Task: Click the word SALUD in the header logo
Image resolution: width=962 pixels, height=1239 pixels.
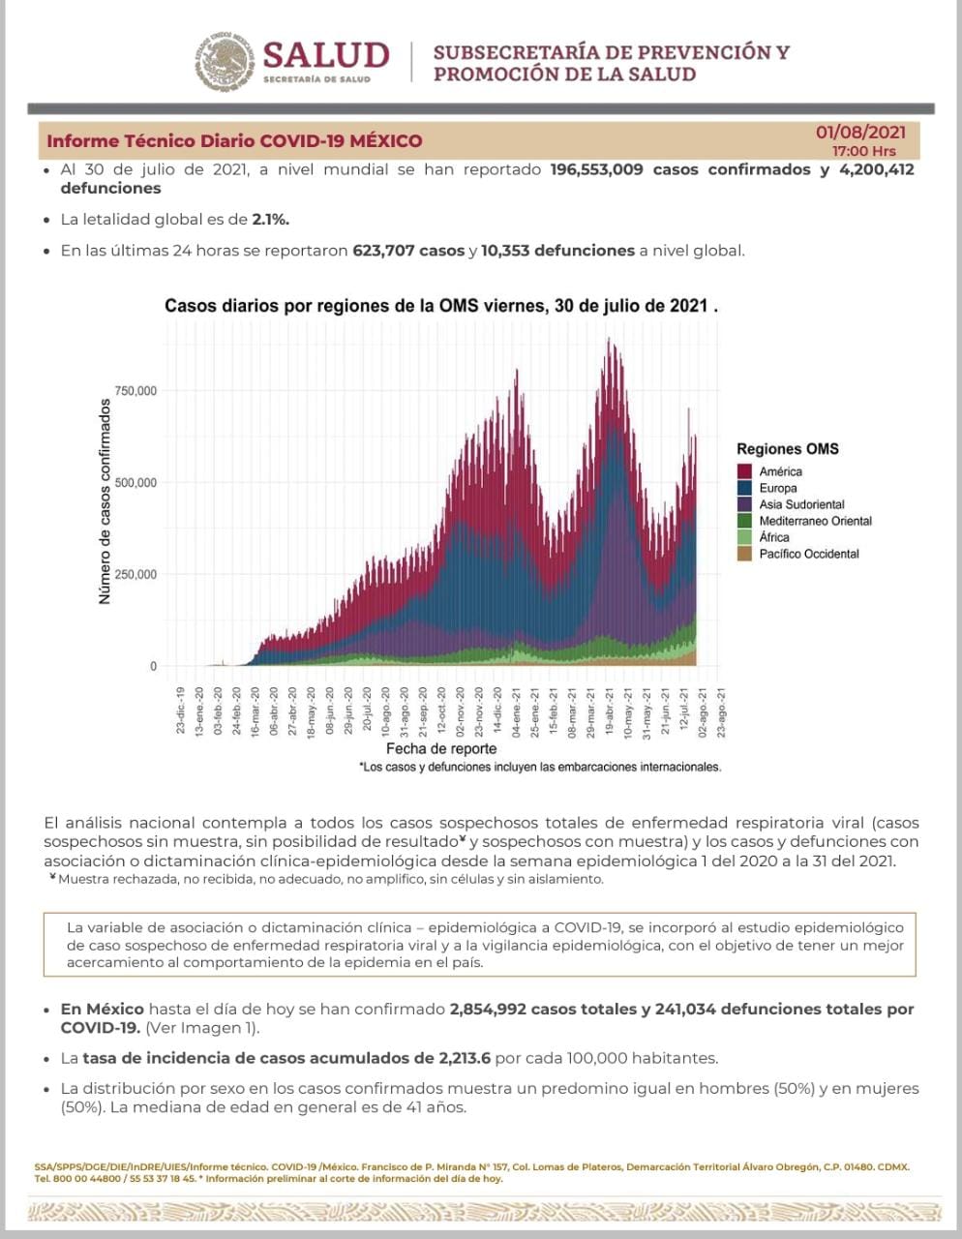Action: [325, 54]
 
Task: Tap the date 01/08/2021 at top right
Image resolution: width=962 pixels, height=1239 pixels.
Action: [860, 132]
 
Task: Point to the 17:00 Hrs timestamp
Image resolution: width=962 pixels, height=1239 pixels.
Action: [863, 151]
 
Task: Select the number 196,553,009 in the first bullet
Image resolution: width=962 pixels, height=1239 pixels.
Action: [596, 169]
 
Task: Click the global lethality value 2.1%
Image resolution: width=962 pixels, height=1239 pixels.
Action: [270, 220]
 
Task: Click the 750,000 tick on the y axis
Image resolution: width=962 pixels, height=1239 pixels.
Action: [135, 391]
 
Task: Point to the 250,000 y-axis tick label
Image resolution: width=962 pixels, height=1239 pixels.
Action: [135, 575]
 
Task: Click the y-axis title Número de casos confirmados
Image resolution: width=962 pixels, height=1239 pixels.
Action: [105, 501]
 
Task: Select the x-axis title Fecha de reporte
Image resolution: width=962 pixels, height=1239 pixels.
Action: [441, 749]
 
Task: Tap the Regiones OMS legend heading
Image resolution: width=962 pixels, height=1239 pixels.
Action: [787, 449]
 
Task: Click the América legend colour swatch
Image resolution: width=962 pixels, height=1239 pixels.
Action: [744, 471]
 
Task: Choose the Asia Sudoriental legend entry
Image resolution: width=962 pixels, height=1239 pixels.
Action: [801, 504]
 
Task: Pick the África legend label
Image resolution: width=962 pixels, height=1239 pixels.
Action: [774, 537]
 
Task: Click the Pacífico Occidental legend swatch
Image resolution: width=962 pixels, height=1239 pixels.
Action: [744, 554]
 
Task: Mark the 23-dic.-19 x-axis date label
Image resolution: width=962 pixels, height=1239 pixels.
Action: [181, 709]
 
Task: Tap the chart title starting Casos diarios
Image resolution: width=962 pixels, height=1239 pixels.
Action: [440, 306]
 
